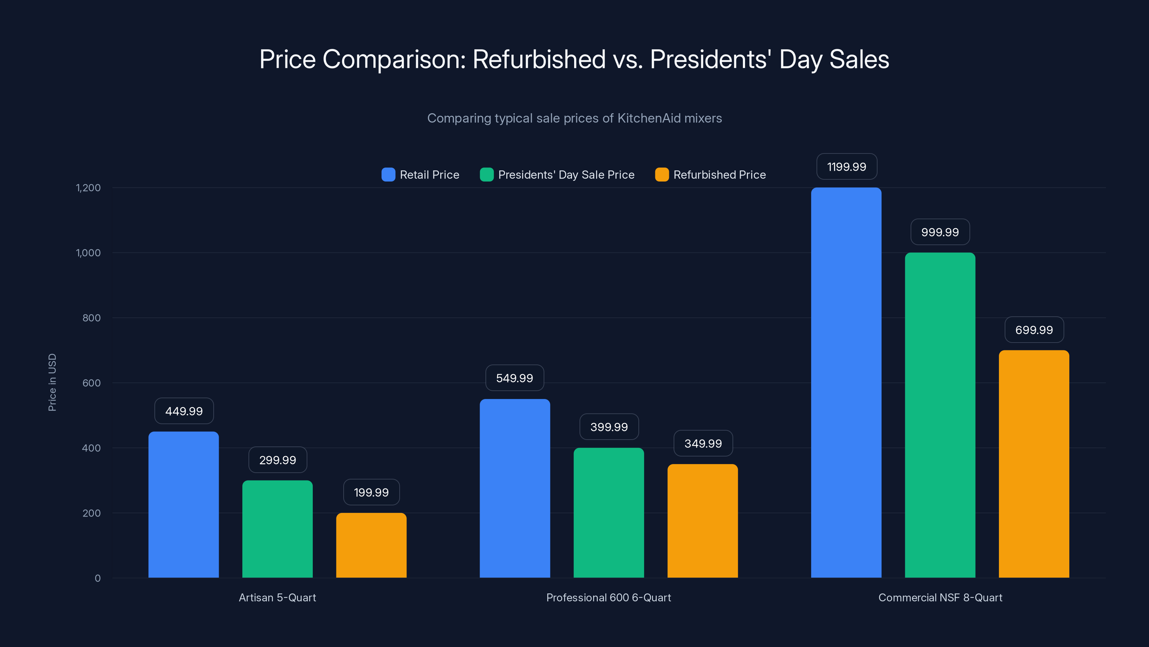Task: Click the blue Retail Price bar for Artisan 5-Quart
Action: (x=183, y=505)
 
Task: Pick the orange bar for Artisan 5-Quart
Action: (x=371, y=545)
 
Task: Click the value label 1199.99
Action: (x=847, y=166)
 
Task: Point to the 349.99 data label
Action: (x=703, y=444)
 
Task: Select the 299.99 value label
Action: (x=278, y=460)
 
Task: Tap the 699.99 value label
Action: (x=1034, y=330)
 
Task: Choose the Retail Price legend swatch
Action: (x=388, y=175)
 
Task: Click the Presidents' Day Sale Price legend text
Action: (x=566, y=175)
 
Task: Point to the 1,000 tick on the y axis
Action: (x=88, y=253)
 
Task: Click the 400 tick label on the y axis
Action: (x=92, y=448)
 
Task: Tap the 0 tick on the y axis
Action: (x=98, y=578)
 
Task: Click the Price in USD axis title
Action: (x=52, y=382)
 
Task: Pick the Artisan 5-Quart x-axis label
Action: (x=278, y=597)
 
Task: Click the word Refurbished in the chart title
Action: (x=539, y=59)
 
